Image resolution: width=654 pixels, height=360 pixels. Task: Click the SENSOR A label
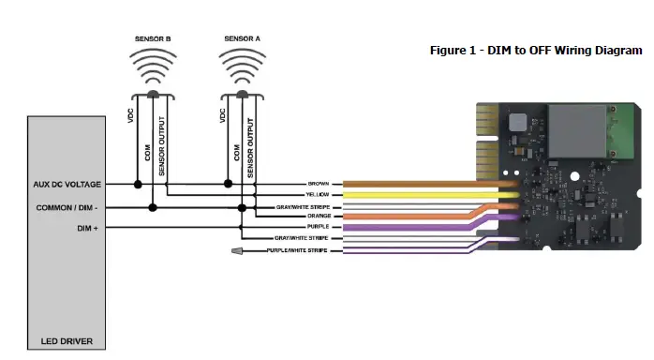click(241, 38)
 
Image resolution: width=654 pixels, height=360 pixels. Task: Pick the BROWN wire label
click(319, 184)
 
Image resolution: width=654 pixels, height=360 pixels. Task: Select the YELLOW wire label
click(318, 194)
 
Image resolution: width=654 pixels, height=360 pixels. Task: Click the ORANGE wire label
click(318, 217)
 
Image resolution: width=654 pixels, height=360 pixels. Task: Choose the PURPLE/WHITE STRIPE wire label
click(297, 251)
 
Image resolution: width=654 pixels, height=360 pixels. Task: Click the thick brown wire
click(412, 184)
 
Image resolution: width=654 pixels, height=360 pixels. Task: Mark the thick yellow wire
click(412, 195)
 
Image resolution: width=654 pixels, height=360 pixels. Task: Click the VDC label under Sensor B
click(130, 116)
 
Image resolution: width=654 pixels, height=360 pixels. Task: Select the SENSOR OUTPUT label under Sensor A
click(252, 144)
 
